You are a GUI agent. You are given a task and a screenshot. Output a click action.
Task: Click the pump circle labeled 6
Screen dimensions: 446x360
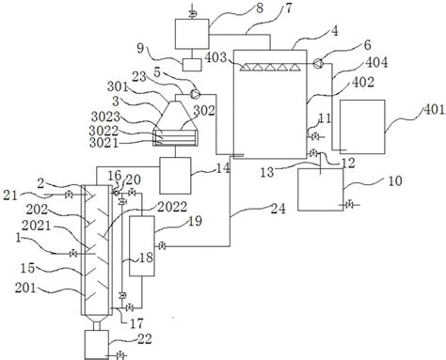tap(318, 63)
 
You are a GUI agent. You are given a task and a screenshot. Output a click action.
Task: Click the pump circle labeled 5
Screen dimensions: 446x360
tap(196, 93)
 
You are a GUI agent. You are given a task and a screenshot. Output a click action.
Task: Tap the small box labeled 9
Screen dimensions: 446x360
tap(192, 65)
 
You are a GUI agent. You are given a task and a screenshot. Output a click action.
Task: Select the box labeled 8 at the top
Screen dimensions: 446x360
tap(192, 34)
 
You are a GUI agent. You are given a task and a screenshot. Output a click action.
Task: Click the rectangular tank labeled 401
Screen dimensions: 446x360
tap(362, 127)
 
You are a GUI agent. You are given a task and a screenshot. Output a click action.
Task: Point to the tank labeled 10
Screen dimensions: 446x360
tap(321, 190)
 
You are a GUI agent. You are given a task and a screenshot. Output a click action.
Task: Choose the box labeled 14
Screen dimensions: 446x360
tap(175, 176)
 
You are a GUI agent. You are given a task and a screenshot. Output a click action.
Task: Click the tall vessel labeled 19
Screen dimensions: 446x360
tap(142, 246)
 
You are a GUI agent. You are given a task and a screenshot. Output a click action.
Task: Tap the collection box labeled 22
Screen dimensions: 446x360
tap(97, 344)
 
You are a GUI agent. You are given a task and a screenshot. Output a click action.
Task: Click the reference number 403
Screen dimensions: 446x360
tap(215, 57)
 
